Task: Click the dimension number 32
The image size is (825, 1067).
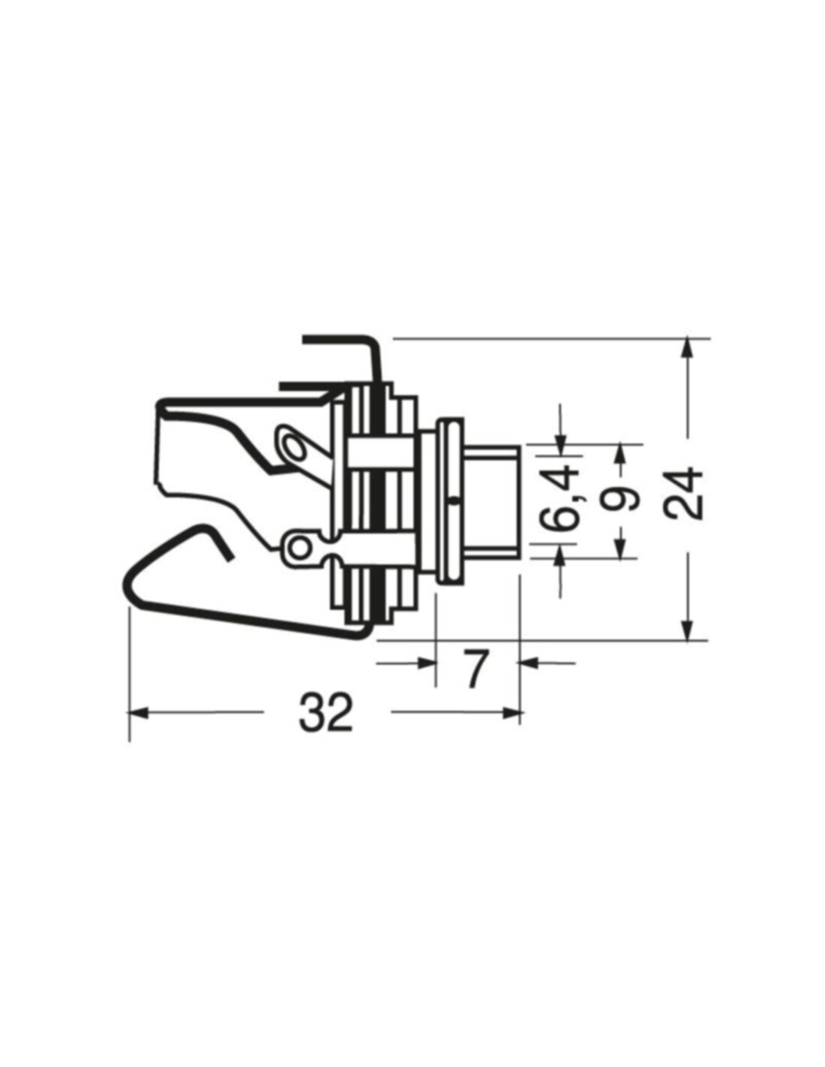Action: pos(326,713)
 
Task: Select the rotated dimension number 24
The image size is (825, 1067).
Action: pos(685,494)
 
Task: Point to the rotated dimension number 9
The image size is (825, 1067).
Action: pos(621,498)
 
